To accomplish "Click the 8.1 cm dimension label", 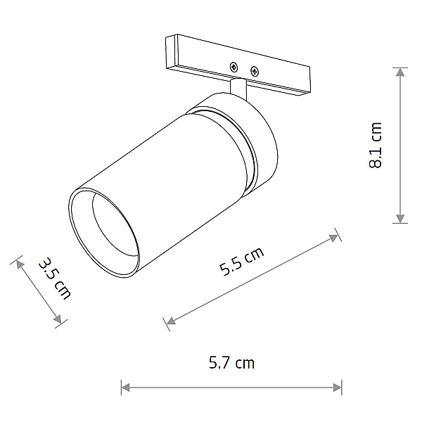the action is tap(376, 146).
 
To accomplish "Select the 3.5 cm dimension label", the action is tap(55, 279).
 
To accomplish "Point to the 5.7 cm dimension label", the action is tap(231, 362).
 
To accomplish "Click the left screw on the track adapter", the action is tap(234, 67).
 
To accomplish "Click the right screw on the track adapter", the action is tap(255, 71).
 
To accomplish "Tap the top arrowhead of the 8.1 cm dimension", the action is tap(400, 72).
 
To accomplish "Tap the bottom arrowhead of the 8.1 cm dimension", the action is tap(400, 219).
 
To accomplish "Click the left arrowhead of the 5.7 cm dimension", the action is tap(125, 388).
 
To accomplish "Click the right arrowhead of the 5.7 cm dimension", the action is tap(338, 388).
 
